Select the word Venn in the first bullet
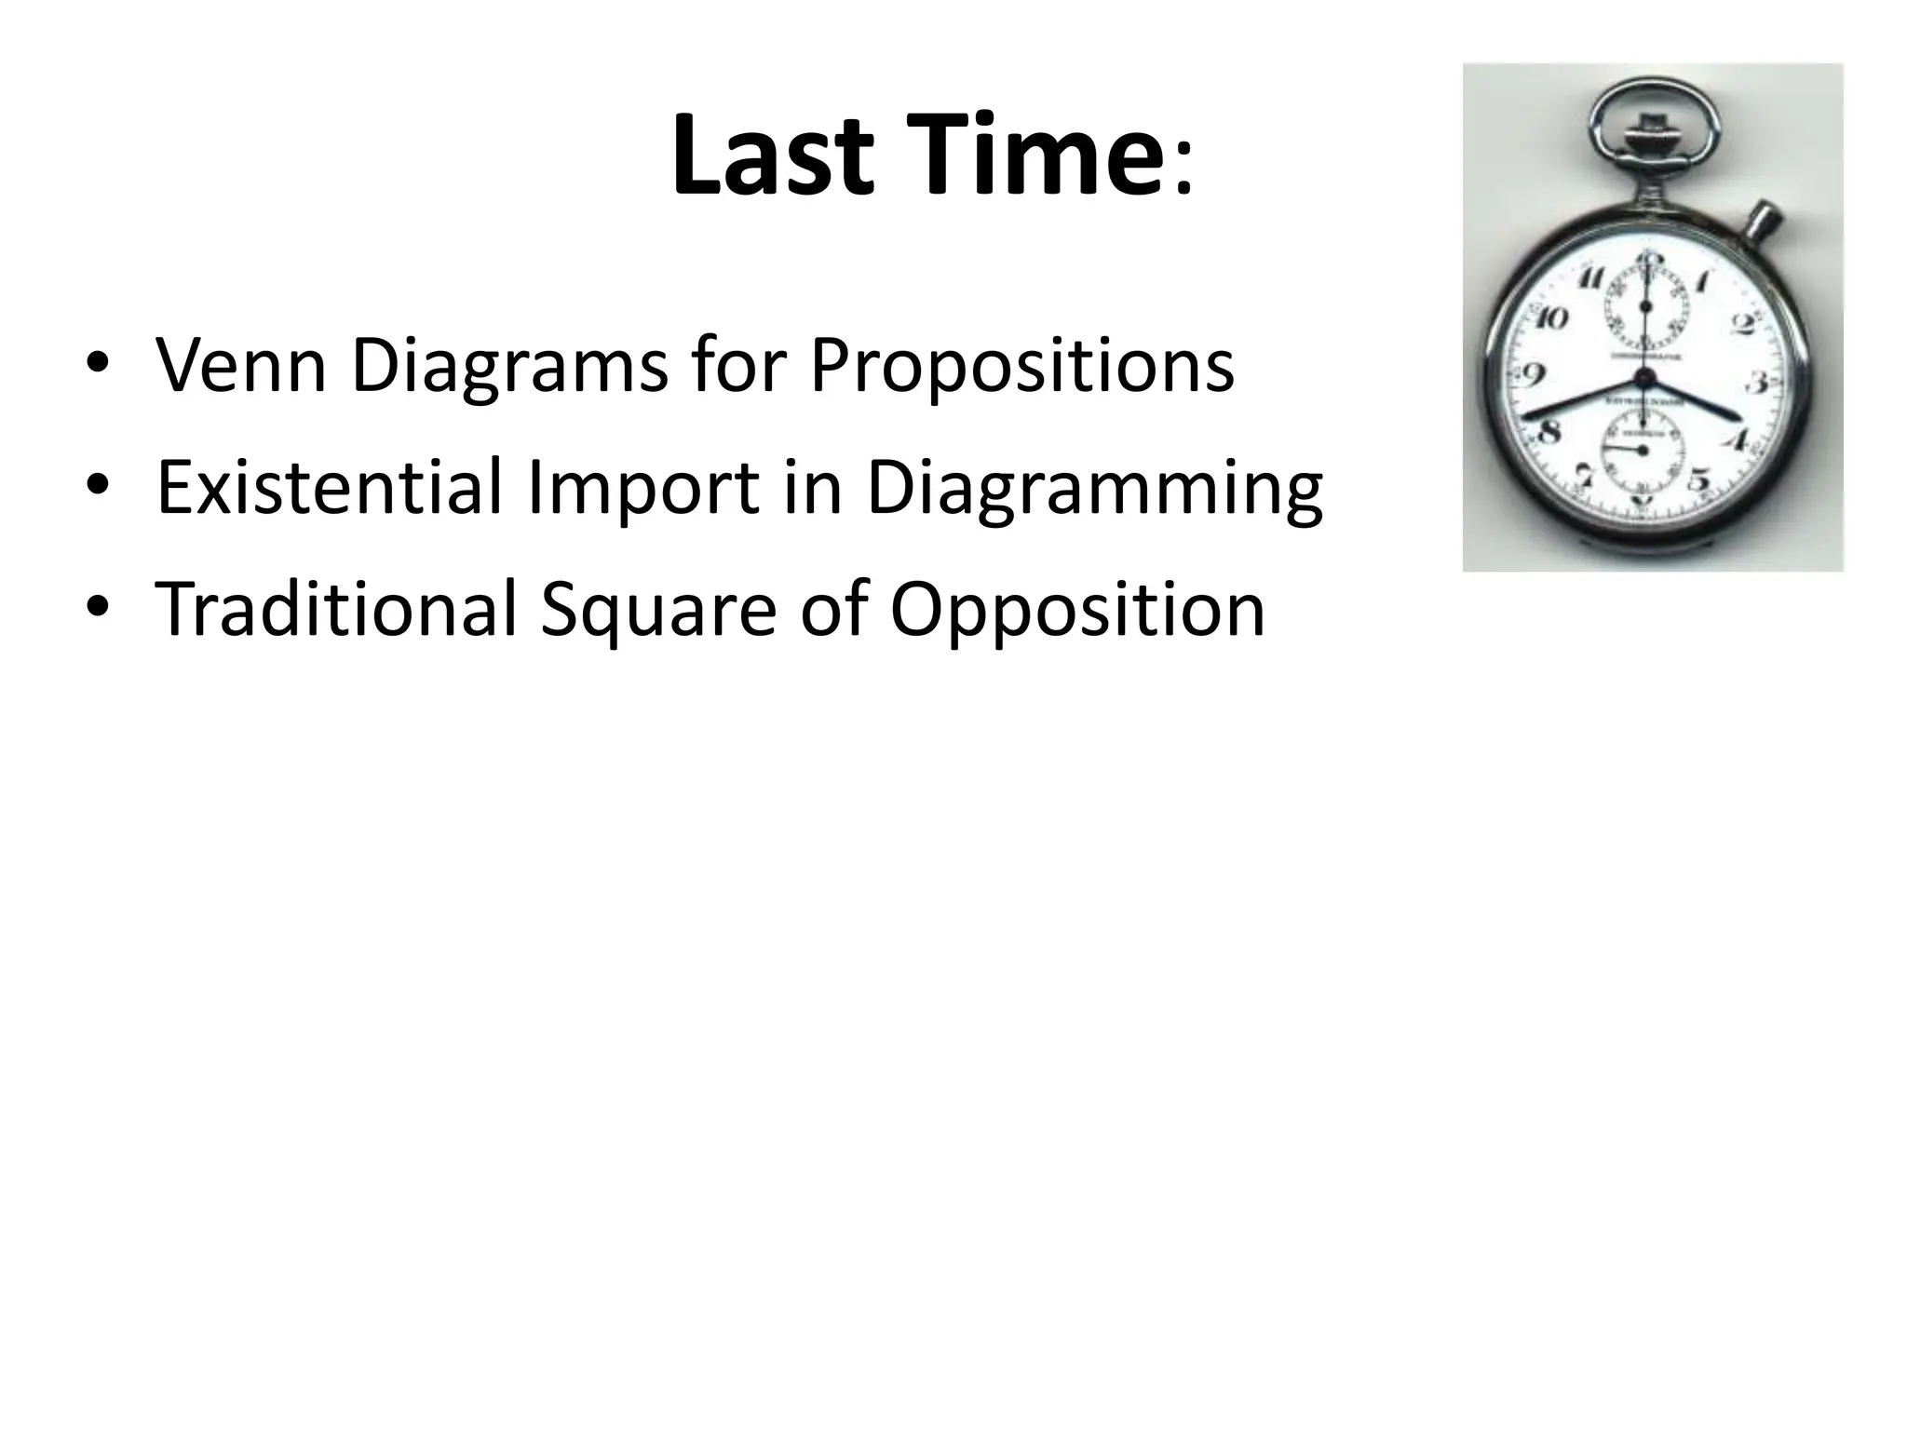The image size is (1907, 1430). pyautogui.click(x=240, y=364)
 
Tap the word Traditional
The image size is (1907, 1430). pyautogui.click(x=336, y=609)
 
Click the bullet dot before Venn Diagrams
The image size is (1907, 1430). pyautogui.click(x=96, y=365)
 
